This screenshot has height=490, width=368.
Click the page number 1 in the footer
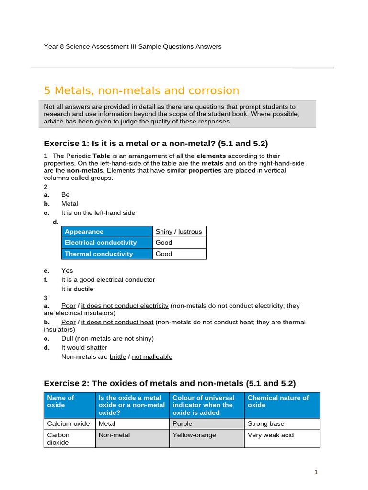[316, 472]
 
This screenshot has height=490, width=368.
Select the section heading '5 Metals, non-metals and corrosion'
[141, 91]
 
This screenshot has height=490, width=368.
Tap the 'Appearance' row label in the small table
[84, 232]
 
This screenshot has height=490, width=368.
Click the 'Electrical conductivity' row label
[101, 243]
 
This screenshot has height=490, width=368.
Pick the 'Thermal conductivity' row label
[99, 254]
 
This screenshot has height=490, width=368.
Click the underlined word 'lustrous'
[190, 232]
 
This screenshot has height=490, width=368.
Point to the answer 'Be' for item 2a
[66, 195]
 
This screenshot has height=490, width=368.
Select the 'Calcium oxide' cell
[69, 423]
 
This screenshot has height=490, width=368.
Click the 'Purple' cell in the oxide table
[183, 423]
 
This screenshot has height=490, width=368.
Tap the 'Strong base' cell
[266, 423]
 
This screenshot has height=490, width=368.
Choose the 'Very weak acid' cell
[271, 435]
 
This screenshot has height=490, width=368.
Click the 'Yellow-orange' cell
[194, 435]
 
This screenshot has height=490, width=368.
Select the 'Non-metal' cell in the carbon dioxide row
[114, 435]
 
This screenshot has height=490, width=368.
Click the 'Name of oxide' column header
[61, 401]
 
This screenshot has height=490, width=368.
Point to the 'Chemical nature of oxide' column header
[278, 401]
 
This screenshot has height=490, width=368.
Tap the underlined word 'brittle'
[118, 357]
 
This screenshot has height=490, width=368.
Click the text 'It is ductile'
[77, 289]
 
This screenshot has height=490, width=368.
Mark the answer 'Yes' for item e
[67, 271]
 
